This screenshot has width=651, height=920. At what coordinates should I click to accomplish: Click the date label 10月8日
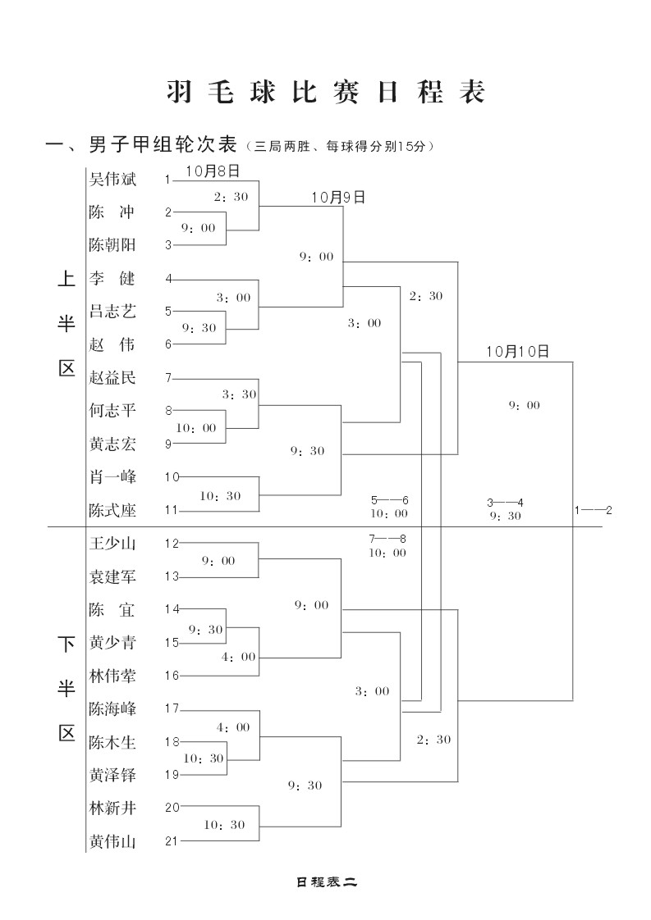click(x=213, y=171)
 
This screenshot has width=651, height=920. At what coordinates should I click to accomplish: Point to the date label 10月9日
click(x=337, y=198)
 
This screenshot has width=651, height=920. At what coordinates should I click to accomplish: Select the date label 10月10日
click(x=516, y=351)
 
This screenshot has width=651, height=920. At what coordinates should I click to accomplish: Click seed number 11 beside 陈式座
click(x=171, y=510)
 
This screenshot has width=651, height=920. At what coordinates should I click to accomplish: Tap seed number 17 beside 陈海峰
click(x=171, y=708)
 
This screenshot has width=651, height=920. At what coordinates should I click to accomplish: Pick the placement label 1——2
click(x=593, y=510)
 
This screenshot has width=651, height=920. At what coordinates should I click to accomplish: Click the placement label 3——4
click(x=505, y=502)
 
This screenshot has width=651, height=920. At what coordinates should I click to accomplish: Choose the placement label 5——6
click(x=389, y=500)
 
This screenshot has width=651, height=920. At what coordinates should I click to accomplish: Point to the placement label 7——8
click(x=387, y=539)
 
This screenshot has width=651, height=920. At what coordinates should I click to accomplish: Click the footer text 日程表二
click(x=326, y=882)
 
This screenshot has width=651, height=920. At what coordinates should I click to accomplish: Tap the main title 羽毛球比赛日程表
click(x=325, y=92)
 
